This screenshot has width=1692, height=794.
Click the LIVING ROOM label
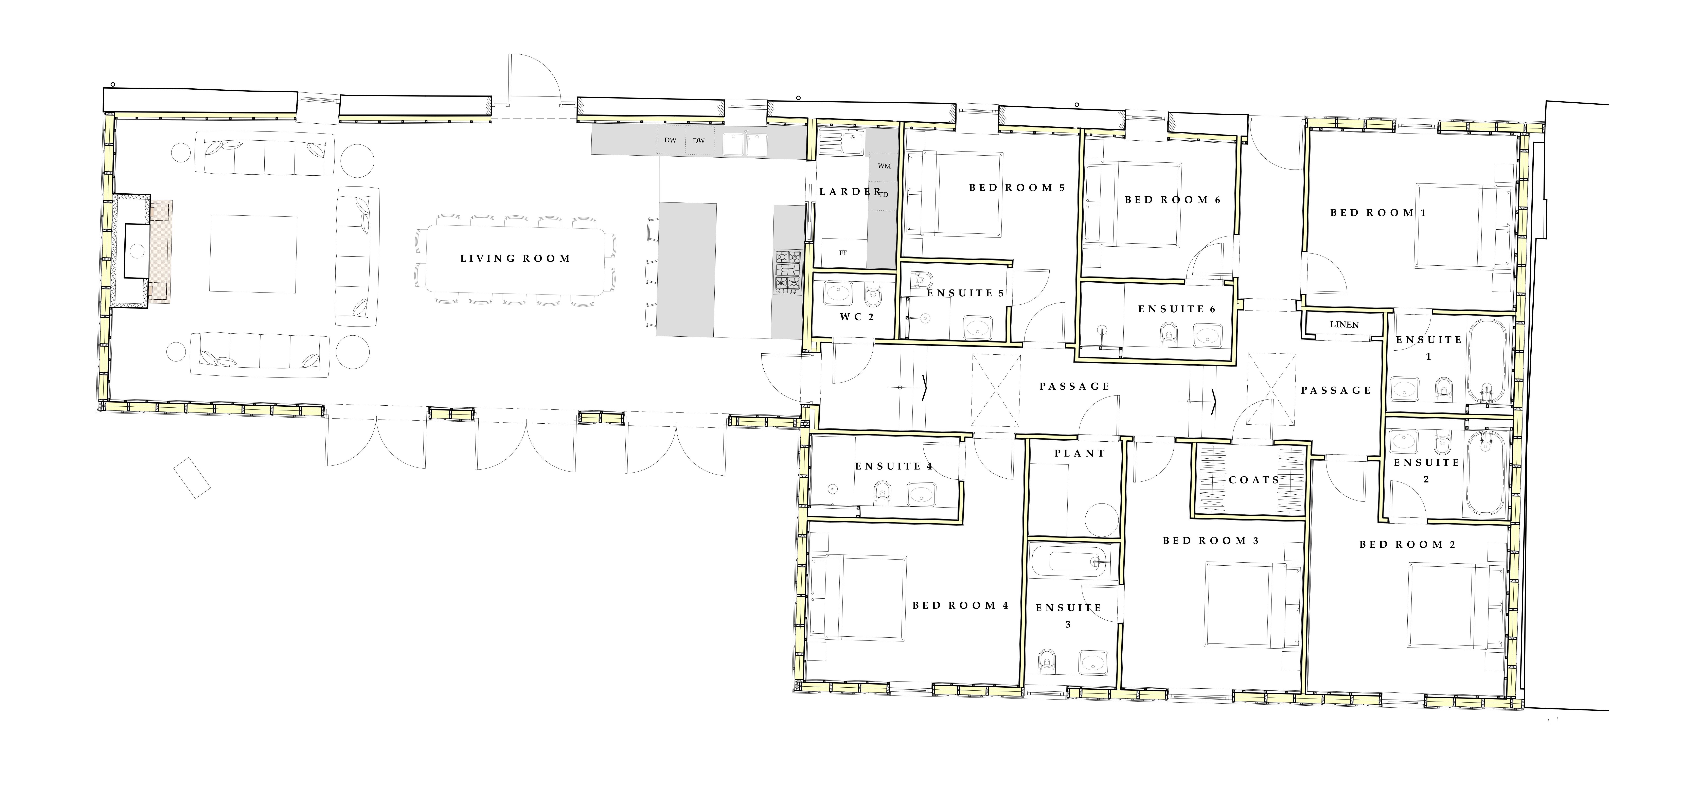[515, 259]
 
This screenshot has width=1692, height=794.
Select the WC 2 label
[857, 317]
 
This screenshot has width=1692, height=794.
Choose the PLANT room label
[1080, 453]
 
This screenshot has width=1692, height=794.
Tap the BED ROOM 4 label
[960, 605]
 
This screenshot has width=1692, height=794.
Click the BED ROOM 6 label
[1172, 200]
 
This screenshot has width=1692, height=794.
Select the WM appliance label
[884, 166]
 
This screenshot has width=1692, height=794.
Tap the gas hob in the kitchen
[788, 271]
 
